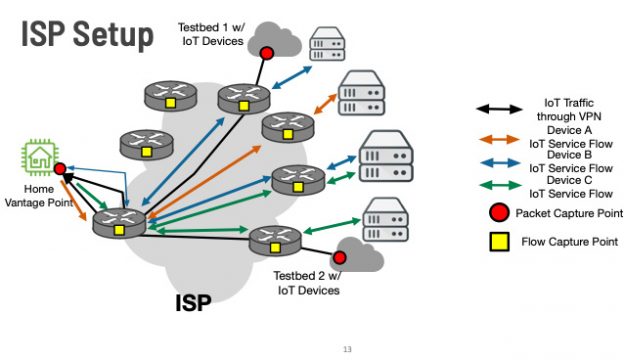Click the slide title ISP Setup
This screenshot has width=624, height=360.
tap(88, 34)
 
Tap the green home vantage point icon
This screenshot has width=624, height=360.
tap(38, 158)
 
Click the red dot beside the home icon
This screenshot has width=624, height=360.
tap(60, 169)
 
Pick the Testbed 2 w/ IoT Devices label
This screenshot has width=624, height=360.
tap(308, 283)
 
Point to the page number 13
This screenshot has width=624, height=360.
tap(347, 349)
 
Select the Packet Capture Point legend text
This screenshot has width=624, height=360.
tap(567, 213)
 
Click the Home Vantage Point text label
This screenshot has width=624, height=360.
tap(36, 196)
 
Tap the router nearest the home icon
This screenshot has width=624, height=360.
tap(119, 221)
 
